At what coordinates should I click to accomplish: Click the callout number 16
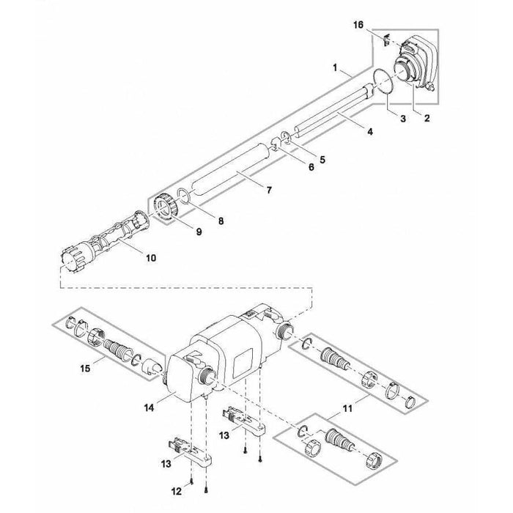point(359,25)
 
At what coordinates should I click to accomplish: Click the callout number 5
point(322,158)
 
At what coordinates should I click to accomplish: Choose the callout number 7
point(268,191)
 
